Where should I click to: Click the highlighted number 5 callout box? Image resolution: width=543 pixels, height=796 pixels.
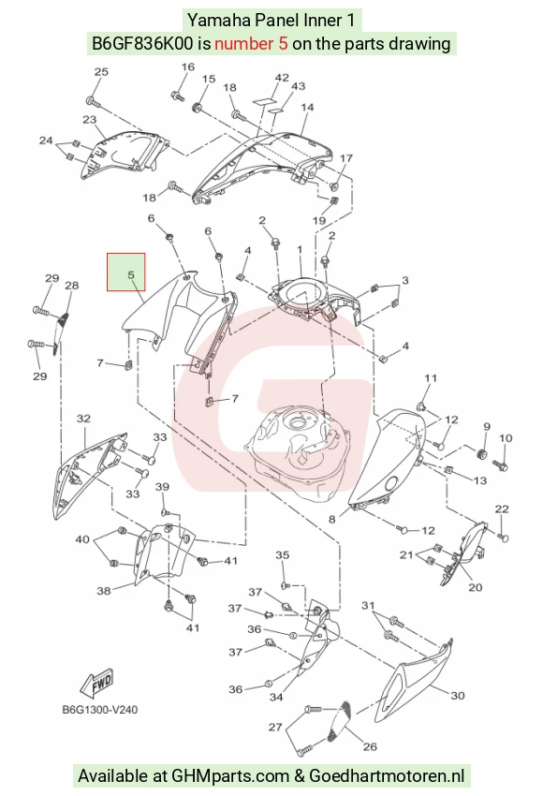(125, 273)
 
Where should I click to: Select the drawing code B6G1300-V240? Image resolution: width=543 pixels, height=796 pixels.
(100, 709)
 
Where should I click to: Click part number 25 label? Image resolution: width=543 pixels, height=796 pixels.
(101, 71)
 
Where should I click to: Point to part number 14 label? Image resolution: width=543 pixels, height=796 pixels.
(307, 107)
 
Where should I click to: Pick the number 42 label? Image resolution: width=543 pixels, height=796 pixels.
(282, 78)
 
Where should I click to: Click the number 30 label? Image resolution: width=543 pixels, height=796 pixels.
(458, 695)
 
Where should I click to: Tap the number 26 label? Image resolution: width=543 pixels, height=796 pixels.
(370, 746)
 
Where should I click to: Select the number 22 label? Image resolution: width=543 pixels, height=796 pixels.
(502, 509)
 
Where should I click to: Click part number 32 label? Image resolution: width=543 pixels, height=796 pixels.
(83, 419)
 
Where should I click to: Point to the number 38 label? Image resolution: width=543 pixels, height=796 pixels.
(104, 590)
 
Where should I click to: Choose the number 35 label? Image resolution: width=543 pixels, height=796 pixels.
(283, 555)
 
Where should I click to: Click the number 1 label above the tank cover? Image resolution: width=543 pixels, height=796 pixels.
(300, 250)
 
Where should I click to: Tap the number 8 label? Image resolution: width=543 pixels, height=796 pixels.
(332, 520)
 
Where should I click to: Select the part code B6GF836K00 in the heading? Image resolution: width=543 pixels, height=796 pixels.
(142, 44)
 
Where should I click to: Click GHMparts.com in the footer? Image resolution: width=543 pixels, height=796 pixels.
(231, 776)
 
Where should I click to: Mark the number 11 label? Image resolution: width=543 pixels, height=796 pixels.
(431, 378)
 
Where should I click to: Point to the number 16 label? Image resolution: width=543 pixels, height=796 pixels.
(188, 67)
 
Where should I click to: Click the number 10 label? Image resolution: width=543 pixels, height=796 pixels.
(506, 438)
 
